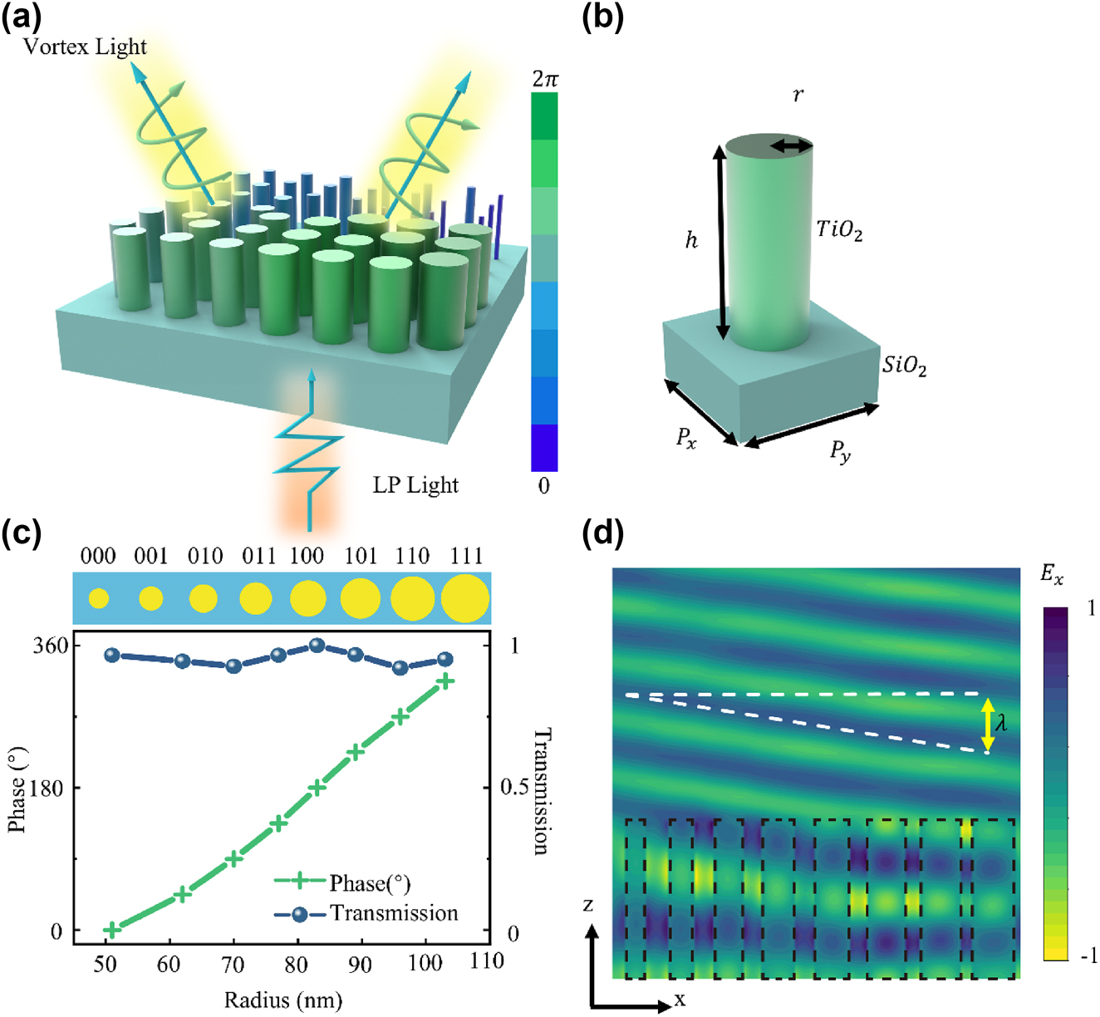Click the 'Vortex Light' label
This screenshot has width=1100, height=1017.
click(x=85, y=47)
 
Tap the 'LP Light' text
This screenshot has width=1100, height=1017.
click(x=415, y=485)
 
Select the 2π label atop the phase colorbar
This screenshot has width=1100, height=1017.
click(x=545, y=79)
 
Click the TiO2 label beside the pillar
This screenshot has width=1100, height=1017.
click(x=839, y=230)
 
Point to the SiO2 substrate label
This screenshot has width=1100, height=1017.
click(x=904, y=366)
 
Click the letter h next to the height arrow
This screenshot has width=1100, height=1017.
click(x=691, y=241)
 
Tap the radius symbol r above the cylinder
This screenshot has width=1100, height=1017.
click(x=798, y=95)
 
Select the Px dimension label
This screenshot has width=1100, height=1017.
click(x=686, y=438)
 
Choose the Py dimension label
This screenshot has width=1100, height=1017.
click(x=841, y=451)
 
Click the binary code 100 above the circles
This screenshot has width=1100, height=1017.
click(x=307, y=556)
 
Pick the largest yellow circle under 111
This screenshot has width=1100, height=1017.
click(x=465, y=597)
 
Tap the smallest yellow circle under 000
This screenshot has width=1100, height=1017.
click(x=99, y=597)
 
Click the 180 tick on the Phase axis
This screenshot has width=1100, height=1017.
click(x=47, y=788)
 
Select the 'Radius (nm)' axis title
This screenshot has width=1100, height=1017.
click(x=282, y=1000)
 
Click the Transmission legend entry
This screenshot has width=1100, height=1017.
click(x=393, y=913)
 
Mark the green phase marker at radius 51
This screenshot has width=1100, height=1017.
click(x=111, y=929)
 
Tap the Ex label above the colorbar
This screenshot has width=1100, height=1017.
click(x=1052, y=575)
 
